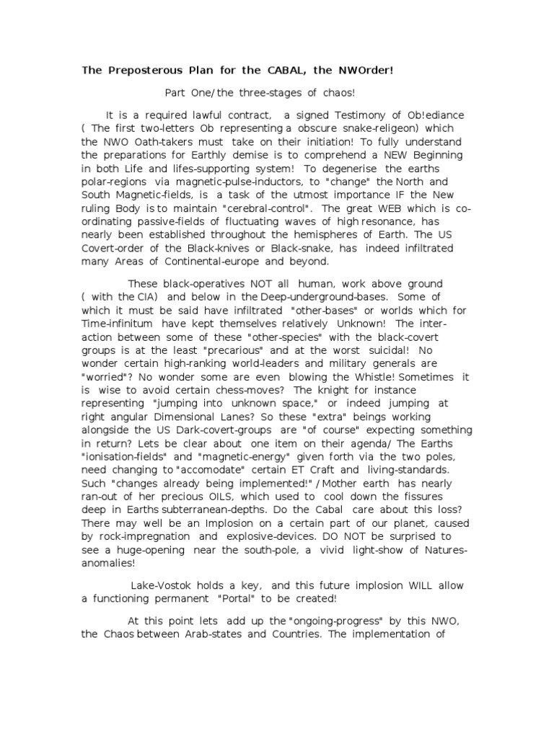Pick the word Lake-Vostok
[160, 585]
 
